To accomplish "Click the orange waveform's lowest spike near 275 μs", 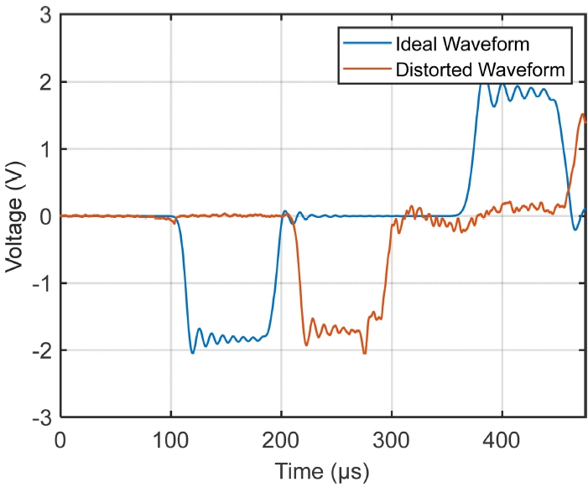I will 364,353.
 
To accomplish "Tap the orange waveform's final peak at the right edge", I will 583,114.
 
